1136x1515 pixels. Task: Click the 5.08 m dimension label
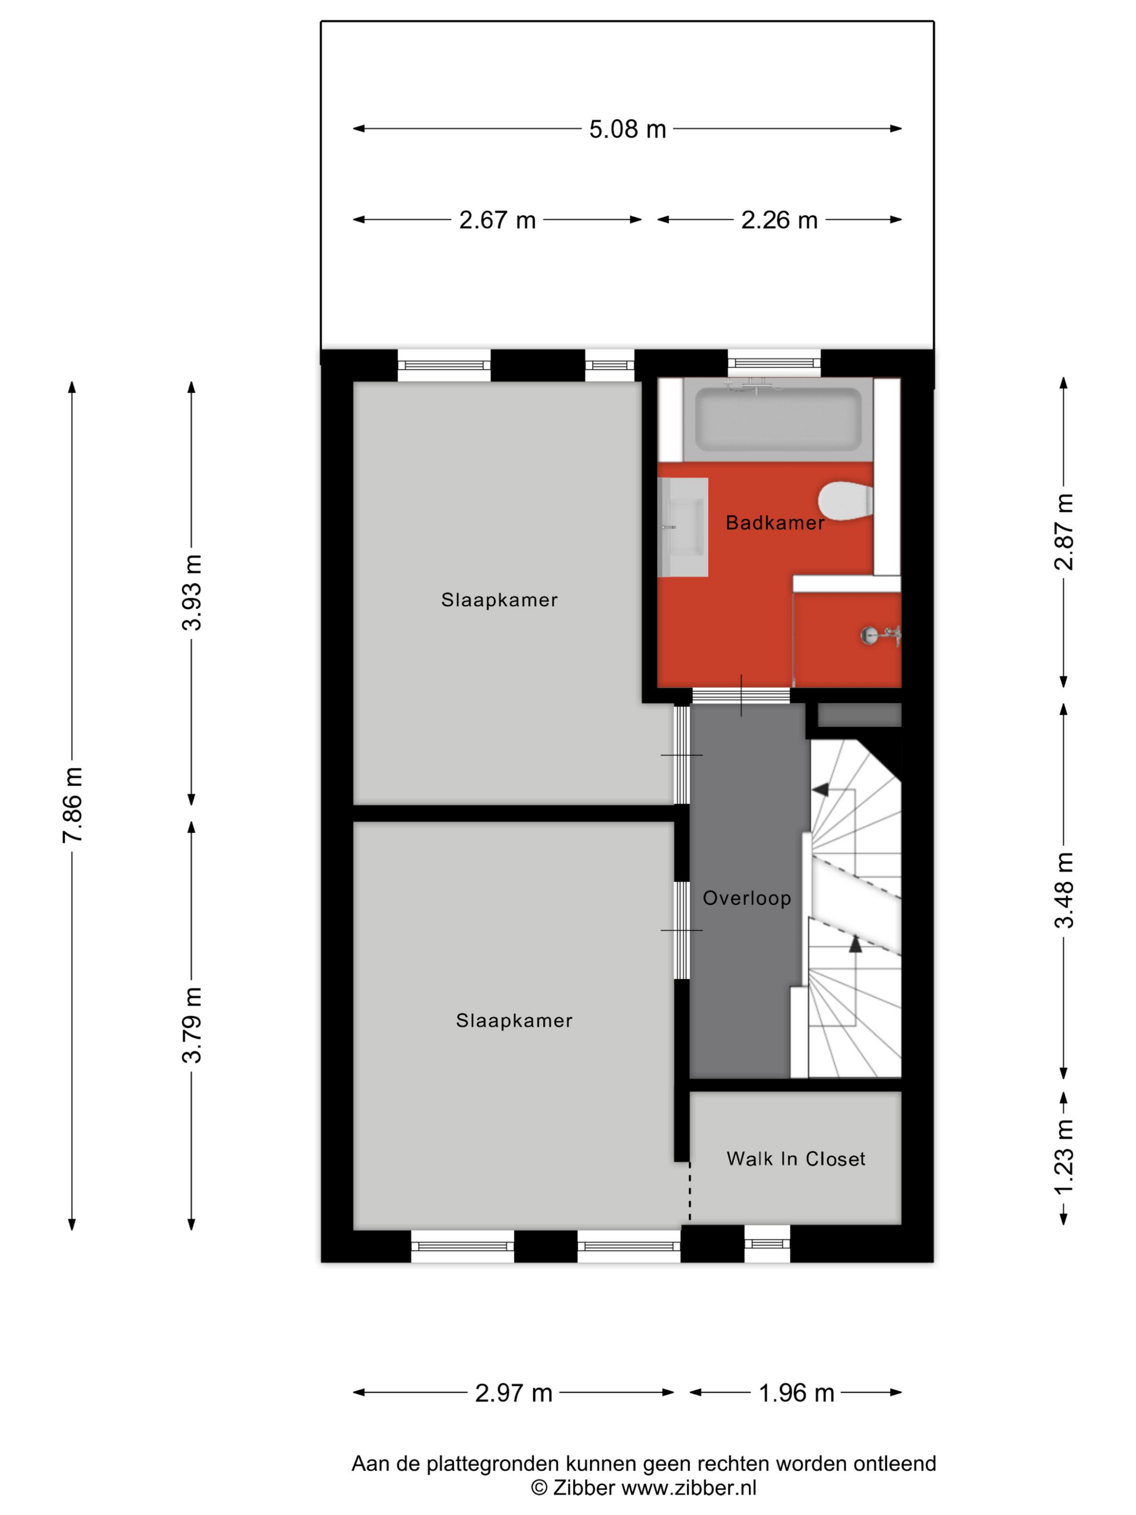pyautogui.click(x=627, y=129)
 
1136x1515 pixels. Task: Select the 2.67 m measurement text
pyautogui.click(x=497, y=220)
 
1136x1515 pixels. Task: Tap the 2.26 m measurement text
pyautogui.click(x=780, y=220)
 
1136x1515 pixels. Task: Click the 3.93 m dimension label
pyautogui.click(x=191, y=592)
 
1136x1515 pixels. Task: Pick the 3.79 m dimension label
pyautogui.click(x=191, y=1025)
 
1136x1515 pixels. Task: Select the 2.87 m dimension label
pyautogui.click(x=1064, y=531)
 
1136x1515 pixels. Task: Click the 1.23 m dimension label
pyautogui.click(x=1064, y=1157)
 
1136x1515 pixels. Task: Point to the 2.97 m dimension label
pyautogui.click(x=513, y=1392)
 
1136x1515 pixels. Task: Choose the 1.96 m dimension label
pyautogui.click(x=796, y=1392)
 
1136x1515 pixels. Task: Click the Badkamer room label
pyautogui.click(x=775, y=523)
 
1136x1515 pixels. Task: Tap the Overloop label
pyautogui.click(x=747, y=898)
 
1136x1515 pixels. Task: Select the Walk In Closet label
pyautogui.click(x=796, y=1158)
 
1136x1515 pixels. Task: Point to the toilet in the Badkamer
pyautogui.click(x=846, y=500)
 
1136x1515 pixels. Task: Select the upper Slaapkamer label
pyautogui.click(x=499, y=600)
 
